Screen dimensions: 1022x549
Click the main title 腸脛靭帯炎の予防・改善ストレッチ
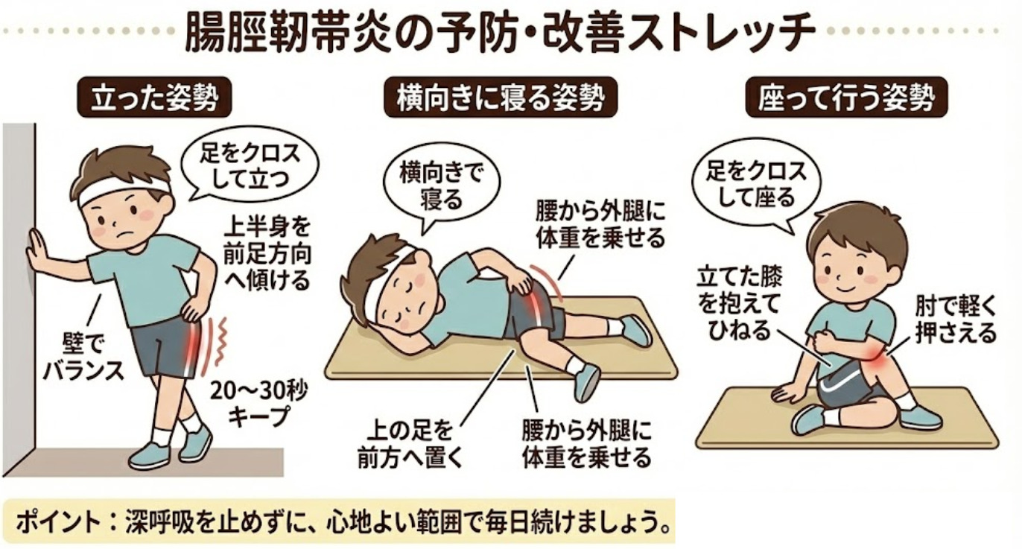500,32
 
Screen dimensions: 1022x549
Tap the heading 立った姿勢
155,98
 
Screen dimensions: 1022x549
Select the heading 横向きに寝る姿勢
501,98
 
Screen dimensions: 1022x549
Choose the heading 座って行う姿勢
846,98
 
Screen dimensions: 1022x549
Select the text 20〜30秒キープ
258,404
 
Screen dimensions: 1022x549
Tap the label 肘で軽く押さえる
956,320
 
